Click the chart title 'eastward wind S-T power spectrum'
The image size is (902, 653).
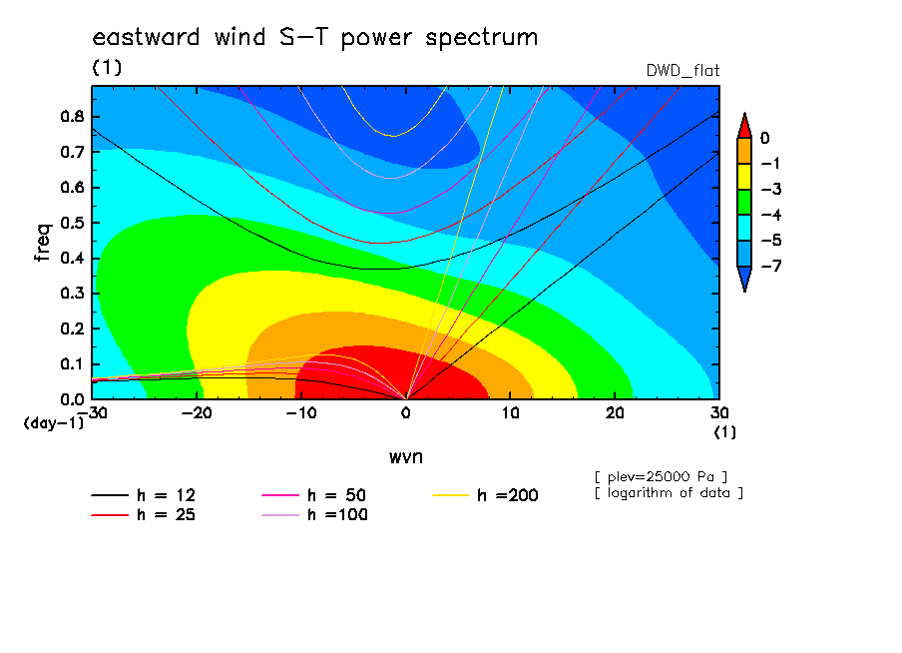(x=314, y=38)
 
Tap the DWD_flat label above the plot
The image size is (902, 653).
(x=682, y=70)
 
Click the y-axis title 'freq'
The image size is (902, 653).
(x=44, y=242)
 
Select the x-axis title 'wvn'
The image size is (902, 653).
(x=406, y=457)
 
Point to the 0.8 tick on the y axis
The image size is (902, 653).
(x=73, y=116)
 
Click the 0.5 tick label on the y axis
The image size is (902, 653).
(x=73, y=223)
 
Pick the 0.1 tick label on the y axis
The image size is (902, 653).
(x=73, y=364)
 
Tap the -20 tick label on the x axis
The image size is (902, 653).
(x=197, y=413)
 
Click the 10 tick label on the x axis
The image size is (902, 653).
(x=510, y=413)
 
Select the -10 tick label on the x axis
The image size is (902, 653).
(x=301, y=413)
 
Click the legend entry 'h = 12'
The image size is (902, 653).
(x=144, y=495)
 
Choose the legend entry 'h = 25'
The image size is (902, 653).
(x=144, y=514)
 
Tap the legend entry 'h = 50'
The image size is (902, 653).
(x=314, y=495)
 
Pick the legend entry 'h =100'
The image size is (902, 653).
(x=314, y=514)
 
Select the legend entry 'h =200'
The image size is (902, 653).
(x=485, y=495)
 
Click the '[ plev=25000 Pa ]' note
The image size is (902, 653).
(x=661, y=477)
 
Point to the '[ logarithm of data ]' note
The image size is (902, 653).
(x=670, y=493)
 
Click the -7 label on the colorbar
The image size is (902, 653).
(x=771, y=266)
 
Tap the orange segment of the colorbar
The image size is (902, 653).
(x=744, y=151)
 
